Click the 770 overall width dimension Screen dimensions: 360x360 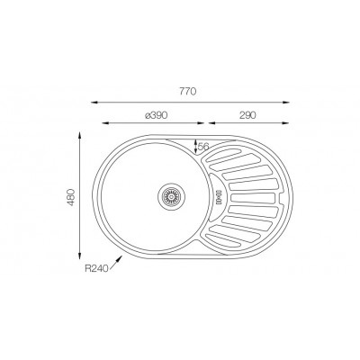coord(188,92)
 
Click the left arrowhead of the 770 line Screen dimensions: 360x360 coord(102,102)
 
